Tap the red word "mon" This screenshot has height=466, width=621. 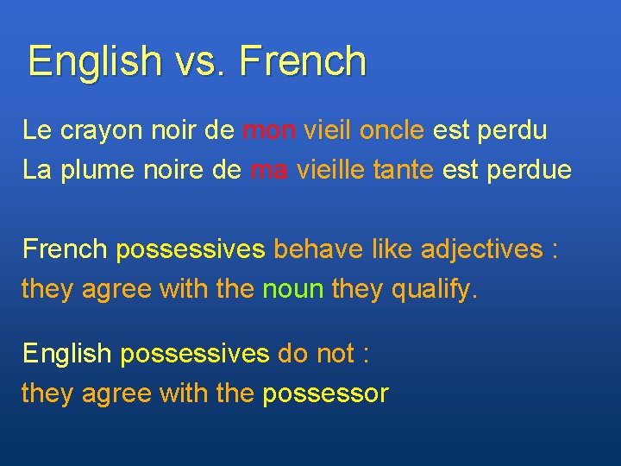click(270, 130)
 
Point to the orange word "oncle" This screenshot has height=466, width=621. click(392, 130)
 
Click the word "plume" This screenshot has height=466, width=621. click(101, 170)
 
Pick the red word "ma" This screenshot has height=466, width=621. click(269, 170)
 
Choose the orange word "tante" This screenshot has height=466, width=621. click(404, 170)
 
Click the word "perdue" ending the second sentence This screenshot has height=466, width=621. click(529, 170)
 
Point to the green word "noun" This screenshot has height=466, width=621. click(291, 289)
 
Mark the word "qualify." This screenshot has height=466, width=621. click(435, 289)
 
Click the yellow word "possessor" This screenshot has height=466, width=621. click(325, 394)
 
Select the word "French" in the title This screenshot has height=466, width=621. click(303, 61)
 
